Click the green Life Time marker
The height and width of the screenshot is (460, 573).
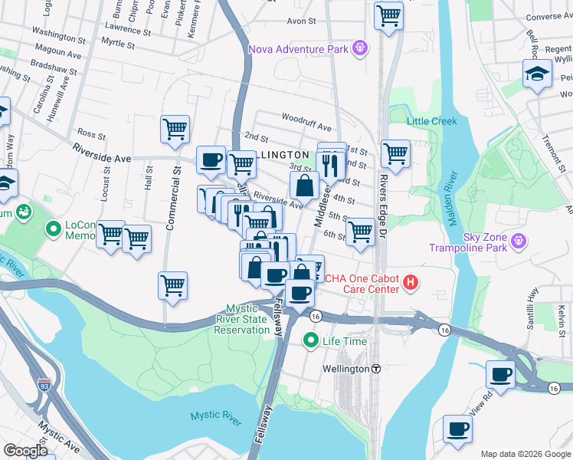(310, 340)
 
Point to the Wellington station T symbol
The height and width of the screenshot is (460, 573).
(376, 369)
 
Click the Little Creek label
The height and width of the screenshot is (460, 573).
(431, 121)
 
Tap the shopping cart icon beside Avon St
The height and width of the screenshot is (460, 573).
(388, 15)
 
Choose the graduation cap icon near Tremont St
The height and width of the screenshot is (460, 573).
(537, 74)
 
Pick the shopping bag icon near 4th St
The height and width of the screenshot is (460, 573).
(305, 184)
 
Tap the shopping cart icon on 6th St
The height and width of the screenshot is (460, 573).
(360, 231)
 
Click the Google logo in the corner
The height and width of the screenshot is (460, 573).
(26, 451)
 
